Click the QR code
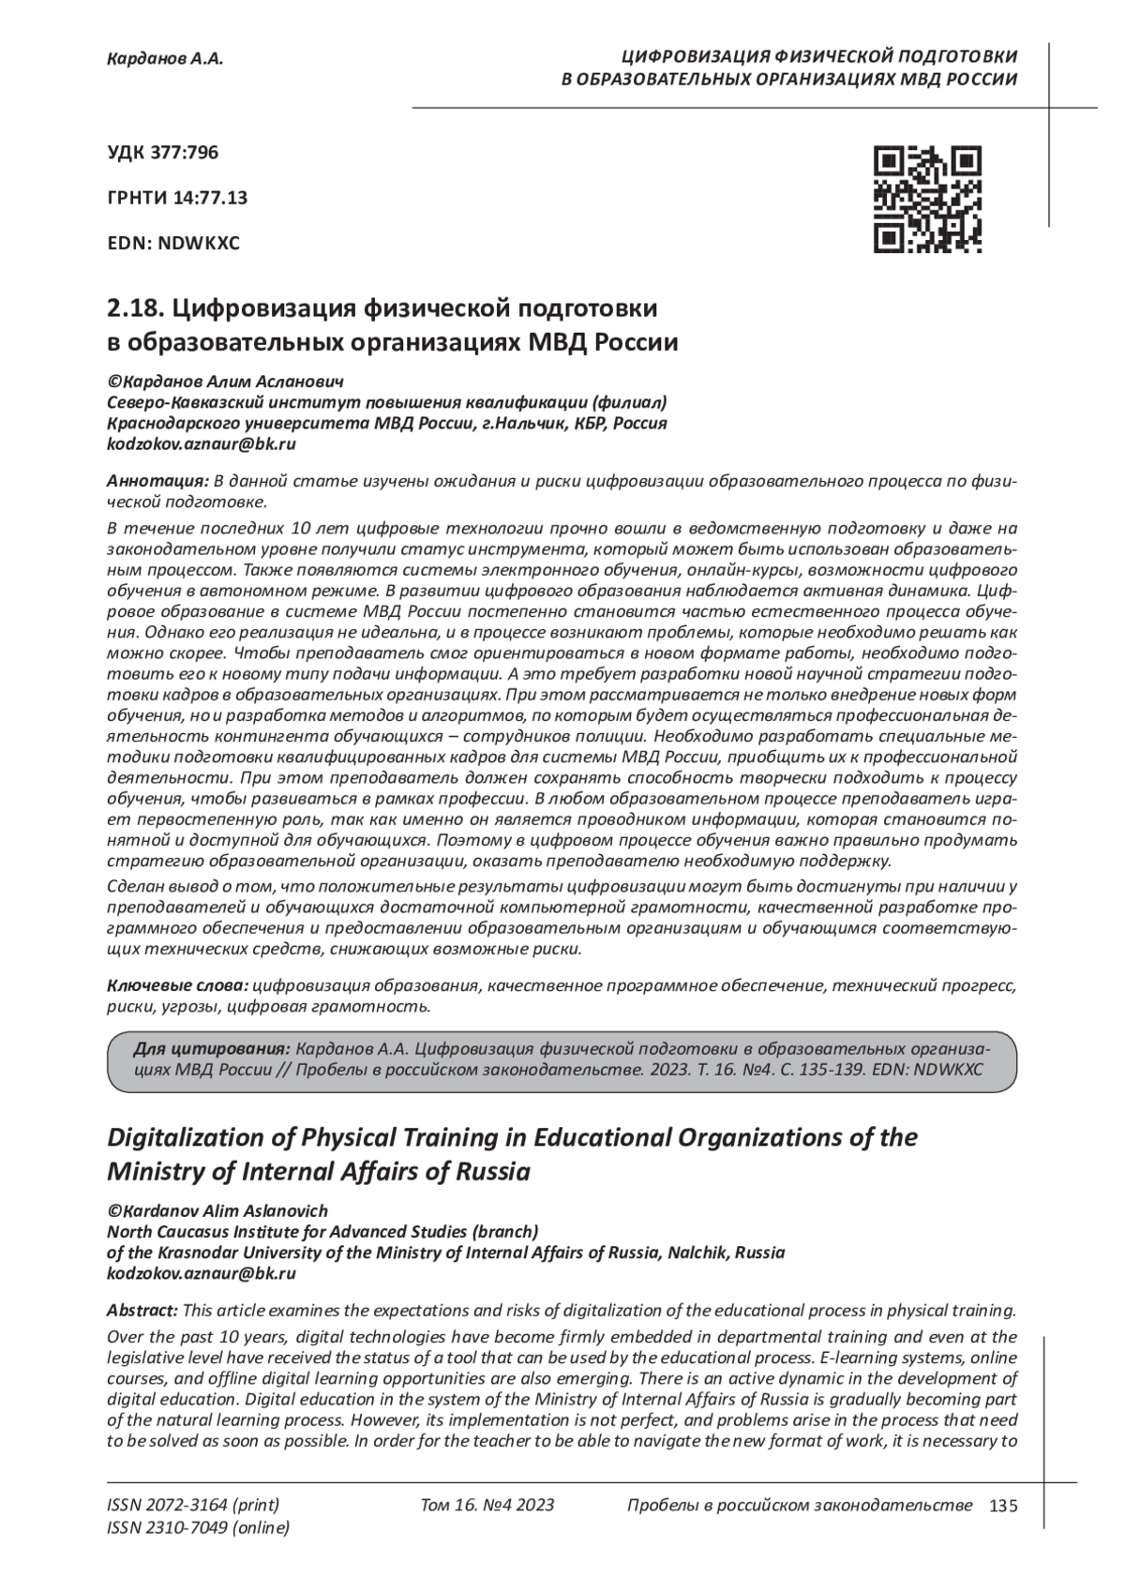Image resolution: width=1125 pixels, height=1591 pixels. (927, 200)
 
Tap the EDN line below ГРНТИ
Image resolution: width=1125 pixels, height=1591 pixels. (174, 244)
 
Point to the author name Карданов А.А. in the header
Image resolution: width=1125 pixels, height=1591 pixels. (165, 59)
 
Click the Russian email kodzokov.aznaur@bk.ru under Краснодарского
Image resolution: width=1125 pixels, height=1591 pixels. (202, 443)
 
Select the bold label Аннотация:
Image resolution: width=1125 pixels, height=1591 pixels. (158, 481)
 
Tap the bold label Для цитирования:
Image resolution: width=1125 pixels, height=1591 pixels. (212, 1047)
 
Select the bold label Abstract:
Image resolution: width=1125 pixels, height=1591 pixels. (142, 1310)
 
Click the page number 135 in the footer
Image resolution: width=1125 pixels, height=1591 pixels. (1002, 1507)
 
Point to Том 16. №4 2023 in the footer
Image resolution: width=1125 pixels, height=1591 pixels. (487, 1506)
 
